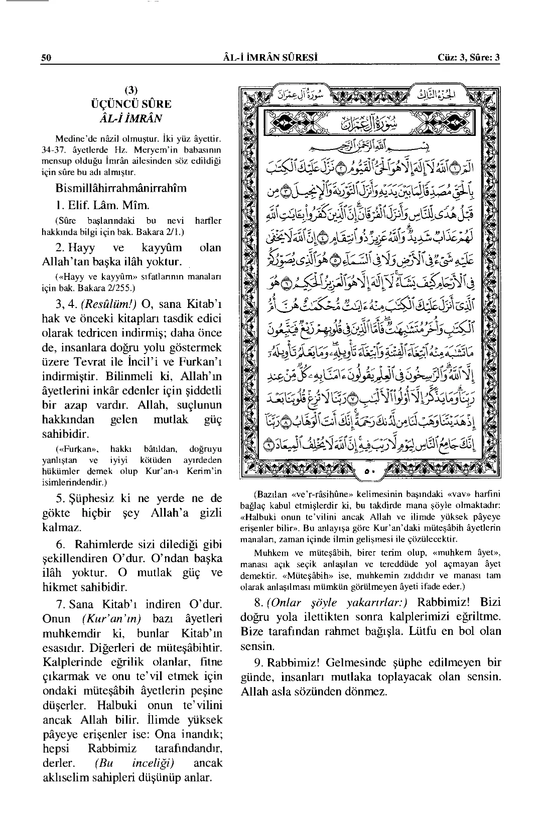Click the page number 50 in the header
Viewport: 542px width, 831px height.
46,57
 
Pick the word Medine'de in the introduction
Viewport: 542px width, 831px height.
75,137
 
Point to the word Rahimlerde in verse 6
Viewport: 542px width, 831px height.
101,544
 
